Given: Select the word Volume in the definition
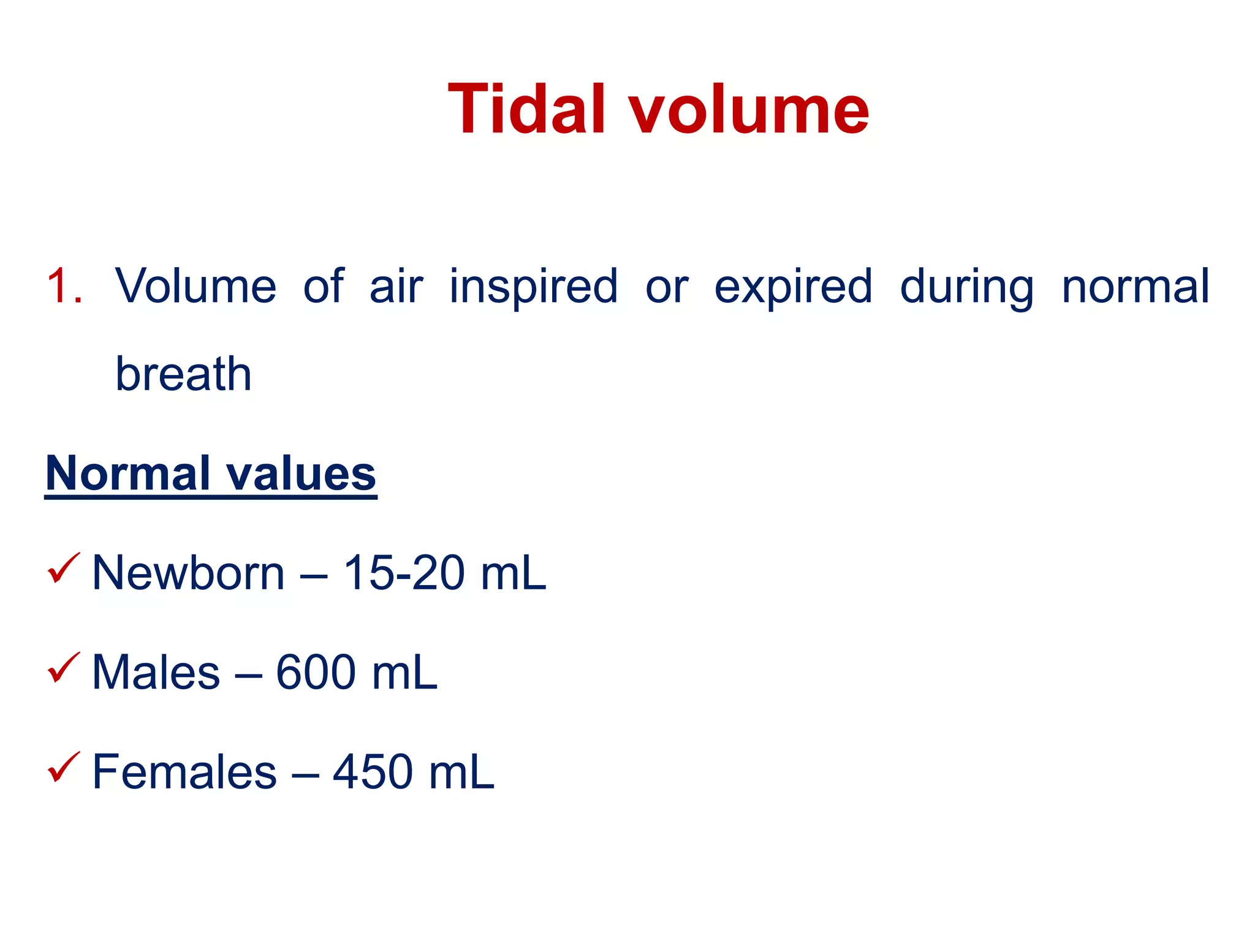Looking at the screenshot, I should coord(195,286).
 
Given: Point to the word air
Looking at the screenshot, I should coord(396,286).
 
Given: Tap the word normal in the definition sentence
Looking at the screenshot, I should coord(1136,286).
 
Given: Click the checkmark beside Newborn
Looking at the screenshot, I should coord(63,568).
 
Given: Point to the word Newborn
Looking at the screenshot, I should coord(188,573).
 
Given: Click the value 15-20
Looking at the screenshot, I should coord(404,573).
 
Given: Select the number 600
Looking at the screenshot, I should coord(316,673).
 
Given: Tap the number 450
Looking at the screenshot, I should coord(373,772).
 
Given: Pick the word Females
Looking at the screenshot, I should coord(184,772).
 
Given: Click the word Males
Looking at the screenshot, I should coord(156,673).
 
